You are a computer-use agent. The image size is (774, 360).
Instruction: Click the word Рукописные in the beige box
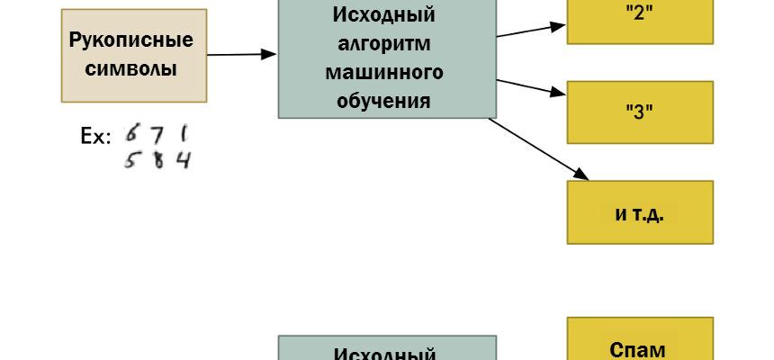coord(131,41)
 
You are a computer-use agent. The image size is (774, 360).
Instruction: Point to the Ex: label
coord(96,138)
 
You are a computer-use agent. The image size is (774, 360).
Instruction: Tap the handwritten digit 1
coord(183,134)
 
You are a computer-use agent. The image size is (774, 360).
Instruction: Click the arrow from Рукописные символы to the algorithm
coord(241,55)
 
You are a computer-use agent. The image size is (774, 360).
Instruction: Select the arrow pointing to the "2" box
coord(531,31)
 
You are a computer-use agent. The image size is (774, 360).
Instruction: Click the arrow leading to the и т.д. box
coord(538,149)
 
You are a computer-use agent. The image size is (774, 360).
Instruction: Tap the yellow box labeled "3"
coord(640,112)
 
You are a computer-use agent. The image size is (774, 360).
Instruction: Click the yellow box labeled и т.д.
coord(640,212)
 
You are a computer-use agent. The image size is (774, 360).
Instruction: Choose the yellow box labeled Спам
coord(640,340)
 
